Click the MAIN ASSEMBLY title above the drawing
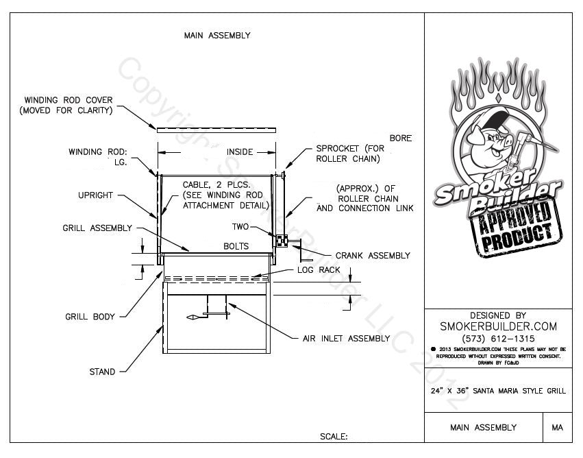pos(217,35)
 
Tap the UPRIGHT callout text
pos(95,195)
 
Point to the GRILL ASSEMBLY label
pos(97,228)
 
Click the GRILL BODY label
pos(90,317)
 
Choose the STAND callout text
pos(102,372)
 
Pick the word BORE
pos(401,138)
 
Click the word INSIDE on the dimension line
pos(240,152)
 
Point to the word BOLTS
pos(236,245)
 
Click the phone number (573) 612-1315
pos(498,339)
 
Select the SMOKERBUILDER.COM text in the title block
pos(498,326)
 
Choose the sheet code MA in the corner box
pos(557,428)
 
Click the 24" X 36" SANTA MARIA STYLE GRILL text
pos(498,391)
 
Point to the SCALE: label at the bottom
pos(334,436)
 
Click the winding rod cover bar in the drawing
pos(217,130)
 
